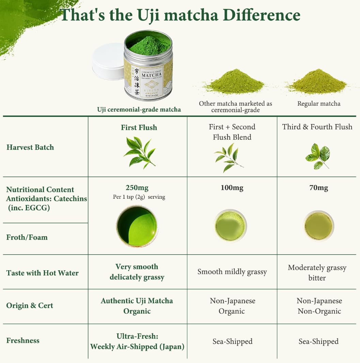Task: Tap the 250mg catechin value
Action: pos(137,188)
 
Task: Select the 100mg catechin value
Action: pos(232,188)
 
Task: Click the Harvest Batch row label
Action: pos(30,147)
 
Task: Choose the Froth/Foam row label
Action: pos(27,237)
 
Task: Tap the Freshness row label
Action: pos(23,341)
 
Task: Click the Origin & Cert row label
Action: pos(30,305)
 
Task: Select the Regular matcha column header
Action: pos(319,104)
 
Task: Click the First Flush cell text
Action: pos(139,127)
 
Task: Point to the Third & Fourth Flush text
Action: pos(317,127)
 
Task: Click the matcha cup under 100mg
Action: pos(230,226)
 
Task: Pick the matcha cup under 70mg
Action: pos(318,226)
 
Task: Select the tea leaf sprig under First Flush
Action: pos(139,151)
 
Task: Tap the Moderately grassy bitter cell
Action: pos(317,273)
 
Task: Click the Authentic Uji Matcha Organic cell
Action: pos(137,306)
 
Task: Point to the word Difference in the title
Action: pos(255,15)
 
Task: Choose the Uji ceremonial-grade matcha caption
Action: pos(139,109)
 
